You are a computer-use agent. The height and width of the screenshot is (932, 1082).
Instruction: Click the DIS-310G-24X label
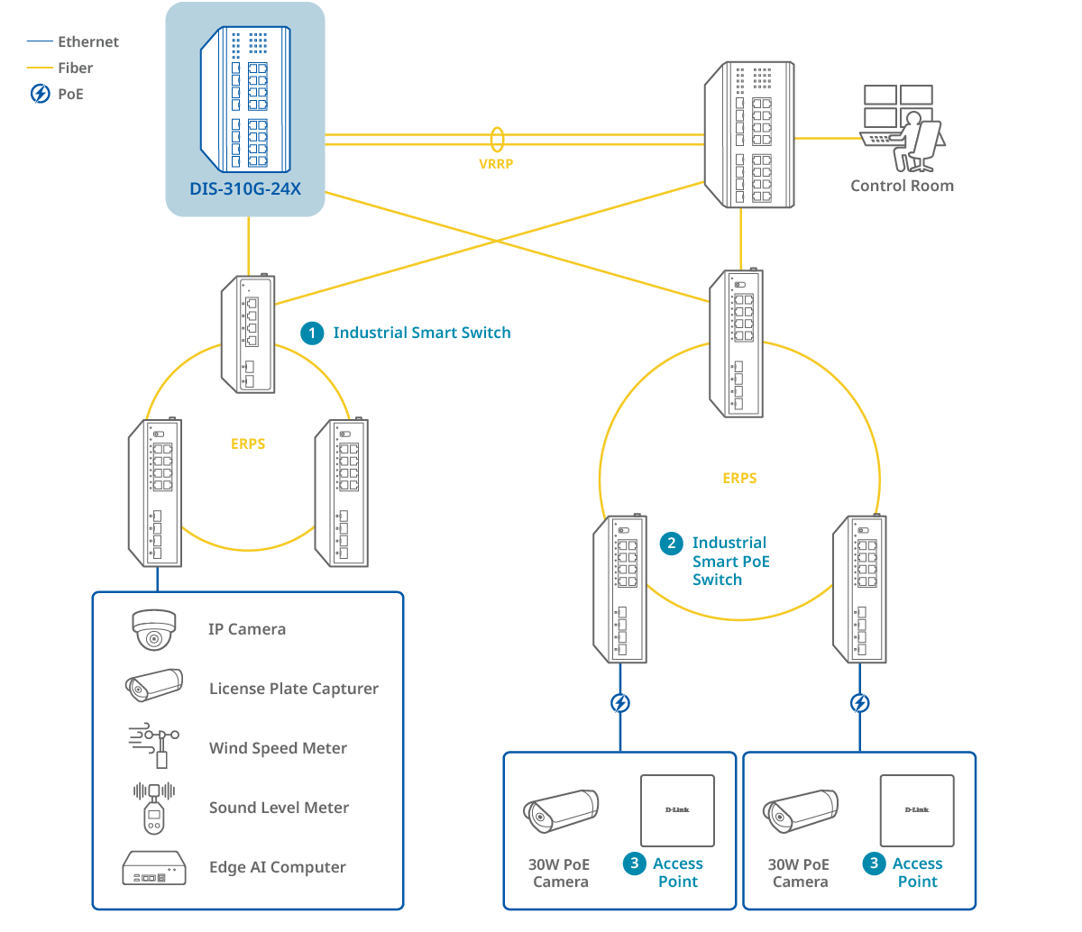[x=245, y=189]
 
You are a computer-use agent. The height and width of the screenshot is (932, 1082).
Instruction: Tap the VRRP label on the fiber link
[x=496, y=164]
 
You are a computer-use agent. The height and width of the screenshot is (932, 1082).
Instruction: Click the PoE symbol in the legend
[x=41, y=94]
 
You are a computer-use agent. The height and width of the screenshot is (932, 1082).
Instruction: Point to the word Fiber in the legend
[x=75, y=68]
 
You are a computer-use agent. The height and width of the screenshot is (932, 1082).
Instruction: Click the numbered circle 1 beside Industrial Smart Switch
[x=312, y=334]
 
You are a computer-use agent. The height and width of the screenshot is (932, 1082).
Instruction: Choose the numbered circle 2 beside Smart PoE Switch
[x=671, y=544]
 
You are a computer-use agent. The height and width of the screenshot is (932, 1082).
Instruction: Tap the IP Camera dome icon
[x=154, y=629]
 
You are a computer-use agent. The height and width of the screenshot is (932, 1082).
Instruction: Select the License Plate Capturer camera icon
[x=154, y=686]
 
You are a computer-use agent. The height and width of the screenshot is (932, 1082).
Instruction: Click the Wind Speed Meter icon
[x=154, y=745]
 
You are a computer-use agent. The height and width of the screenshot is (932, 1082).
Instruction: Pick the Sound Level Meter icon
[x=154, y=807]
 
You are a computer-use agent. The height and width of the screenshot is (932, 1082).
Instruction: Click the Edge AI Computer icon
[x=154, y=867]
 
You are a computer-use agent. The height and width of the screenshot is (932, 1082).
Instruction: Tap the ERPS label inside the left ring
[x=248, y=443]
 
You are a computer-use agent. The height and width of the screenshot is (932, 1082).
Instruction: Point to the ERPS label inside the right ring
[x=739, y=479]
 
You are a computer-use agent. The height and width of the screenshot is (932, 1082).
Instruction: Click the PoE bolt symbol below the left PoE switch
[x=620, y=703]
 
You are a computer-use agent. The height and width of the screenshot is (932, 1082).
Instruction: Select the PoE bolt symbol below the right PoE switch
[x=860, y=703]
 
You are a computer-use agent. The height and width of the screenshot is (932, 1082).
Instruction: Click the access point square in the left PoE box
[x=677, y=810]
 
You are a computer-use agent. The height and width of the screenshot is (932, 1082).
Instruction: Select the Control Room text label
[x=902, y=186]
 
